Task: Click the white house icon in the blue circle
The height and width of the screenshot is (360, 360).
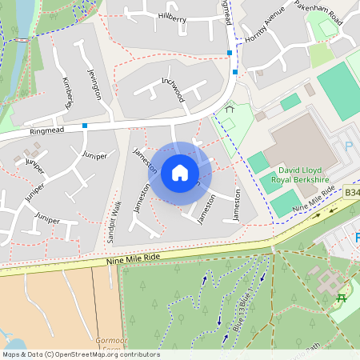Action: point(180,172)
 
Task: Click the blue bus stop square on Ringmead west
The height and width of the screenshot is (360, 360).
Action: point(85,125)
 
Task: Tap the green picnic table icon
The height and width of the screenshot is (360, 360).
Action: point(342,298)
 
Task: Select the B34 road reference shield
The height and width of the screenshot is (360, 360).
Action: point(352,193)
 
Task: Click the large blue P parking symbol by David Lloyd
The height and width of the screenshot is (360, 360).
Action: point(349,147)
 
